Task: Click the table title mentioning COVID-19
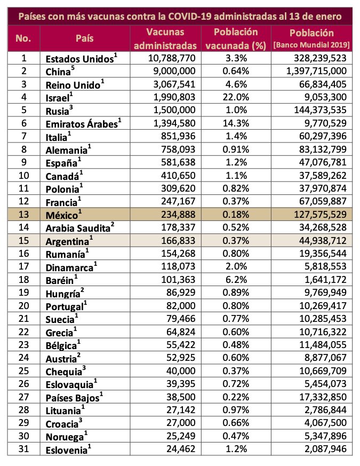180,16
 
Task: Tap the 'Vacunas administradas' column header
164,39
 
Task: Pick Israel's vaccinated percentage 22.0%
235,97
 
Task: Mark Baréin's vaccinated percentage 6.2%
235,279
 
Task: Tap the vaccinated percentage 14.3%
235,123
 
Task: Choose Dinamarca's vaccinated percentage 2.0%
235,266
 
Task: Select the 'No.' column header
24,39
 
